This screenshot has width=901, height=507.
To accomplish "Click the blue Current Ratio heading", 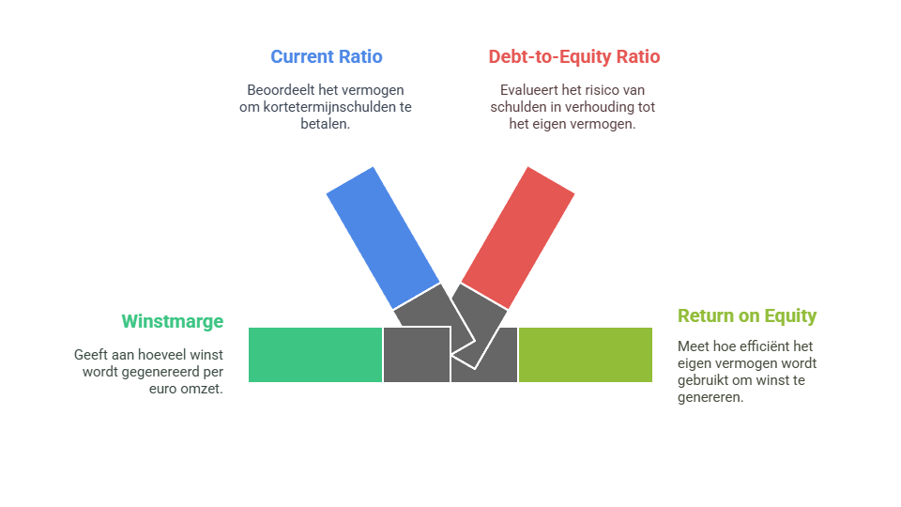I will (326, 56).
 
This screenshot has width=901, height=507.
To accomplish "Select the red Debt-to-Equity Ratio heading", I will (573, 56).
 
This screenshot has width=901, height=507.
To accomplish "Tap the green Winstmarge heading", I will (173, 321).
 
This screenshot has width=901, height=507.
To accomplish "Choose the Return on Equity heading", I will (747, 315).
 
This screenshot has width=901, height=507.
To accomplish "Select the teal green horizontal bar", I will (314, 355).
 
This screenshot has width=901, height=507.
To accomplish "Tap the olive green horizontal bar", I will (586, 355).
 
